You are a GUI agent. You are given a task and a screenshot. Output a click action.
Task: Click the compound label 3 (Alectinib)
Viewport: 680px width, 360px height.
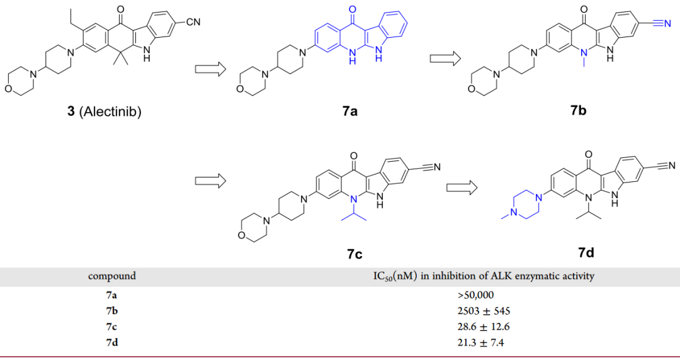(x=104, y=113)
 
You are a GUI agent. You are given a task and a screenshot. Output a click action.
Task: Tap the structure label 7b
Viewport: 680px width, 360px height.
(x=578, y=111)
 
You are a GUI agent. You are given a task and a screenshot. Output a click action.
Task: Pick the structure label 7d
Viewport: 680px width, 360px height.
(x=586, y=253)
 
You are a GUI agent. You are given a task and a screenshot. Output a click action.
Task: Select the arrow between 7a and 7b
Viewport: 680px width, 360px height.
(x=445, y=59)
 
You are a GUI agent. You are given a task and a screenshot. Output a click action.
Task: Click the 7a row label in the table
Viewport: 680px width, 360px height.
(x=111, y=295)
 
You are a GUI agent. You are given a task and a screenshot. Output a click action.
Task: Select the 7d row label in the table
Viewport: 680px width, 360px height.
(x=111, y=342)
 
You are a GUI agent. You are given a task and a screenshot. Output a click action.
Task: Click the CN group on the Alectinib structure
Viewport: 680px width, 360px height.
(x=193, y=23)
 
